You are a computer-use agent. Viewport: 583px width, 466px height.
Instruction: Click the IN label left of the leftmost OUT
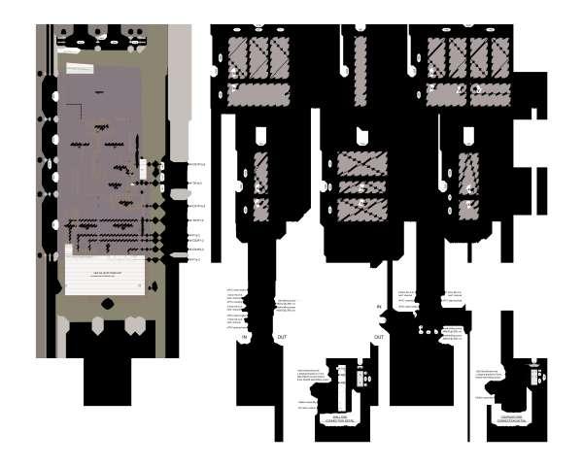246,337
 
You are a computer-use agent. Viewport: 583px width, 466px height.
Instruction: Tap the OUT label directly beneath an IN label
379,337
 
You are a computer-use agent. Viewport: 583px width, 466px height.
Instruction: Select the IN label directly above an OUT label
379,306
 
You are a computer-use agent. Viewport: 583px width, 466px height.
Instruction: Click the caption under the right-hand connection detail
509,419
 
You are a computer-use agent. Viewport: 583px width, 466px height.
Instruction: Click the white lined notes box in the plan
105,275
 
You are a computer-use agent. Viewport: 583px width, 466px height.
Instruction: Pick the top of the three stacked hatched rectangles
360,162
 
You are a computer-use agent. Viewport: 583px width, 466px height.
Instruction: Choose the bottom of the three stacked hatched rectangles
360,208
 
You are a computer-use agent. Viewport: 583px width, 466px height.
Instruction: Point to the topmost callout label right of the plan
196,165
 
